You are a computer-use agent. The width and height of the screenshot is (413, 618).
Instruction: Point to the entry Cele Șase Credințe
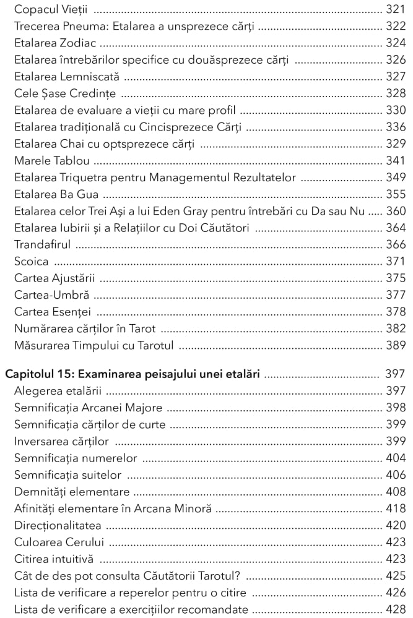(65, 94)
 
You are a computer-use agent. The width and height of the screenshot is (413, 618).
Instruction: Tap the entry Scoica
(31, 261)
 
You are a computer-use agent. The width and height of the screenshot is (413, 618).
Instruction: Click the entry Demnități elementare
(72, 492)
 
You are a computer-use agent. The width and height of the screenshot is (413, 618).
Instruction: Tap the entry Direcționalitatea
(58, 525)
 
